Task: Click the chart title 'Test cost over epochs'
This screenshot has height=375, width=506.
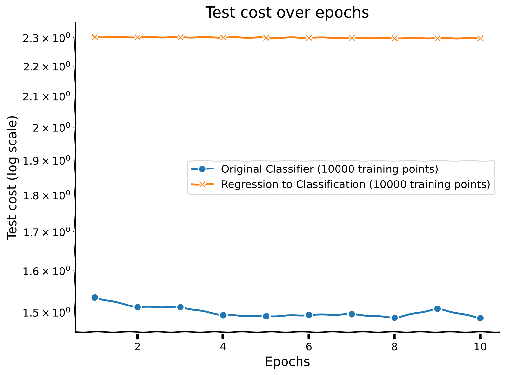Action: [287, 13]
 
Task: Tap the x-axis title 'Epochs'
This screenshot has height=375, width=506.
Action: [287, 362]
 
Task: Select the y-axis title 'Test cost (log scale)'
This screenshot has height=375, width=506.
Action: [12, 178]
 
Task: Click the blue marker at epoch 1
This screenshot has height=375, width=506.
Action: [95, 297]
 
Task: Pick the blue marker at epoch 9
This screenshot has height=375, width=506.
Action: [437, 309]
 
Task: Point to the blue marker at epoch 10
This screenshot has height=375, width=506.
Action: [480, 318]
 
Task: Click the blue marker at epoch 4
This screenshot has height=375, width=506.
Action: [223, 315]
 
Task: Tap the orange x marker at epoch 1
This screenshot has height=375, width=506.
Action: [95, 37]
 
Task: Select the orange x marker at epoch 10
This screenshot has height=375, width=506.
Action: [480, 38]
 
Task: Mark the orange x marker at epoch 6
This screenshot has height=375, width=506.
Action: [309, 38]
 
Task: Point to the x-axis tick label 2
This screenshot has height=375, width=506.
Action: [137, 347]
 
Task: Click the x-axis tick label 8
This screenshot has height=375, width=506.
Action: [394, 347]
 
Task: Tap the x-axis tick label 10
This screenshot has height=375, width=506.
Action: [480, 347]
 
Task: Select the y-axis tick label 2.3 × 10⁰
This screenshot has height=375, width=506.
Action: [46, 38]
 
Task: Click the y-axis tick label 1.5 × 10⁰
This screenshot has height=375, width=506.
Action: [46, 312]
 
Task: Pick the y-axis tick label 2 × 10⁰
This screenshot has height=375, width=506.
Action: [51, 128]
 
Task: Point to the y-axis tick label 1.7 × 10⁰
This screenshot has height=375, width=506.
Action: [46, 232]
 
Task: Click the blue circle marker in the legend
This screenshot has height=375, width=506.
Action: [202, 169]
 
